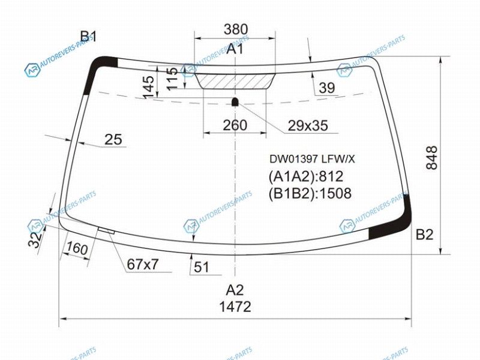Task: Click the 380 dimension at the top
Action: (x=235, y=29)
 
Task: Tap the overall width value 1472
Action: (x=235, y=307)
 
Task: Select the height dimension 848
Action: (x=432, y=157)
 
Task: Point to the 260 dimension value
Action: (x=235, y=125)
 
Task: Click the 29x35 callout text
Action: (x=308, y=125)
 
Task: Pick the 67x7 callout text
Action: (x=143, y=265)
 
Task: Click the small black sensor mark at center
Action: (x=235, y=101)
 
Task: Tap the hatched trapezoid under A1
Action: (x=235, y=81)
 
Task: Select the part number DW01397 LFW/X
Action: (x=312, y=159)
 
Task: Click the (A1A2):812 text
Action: (x=306, y=176)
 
